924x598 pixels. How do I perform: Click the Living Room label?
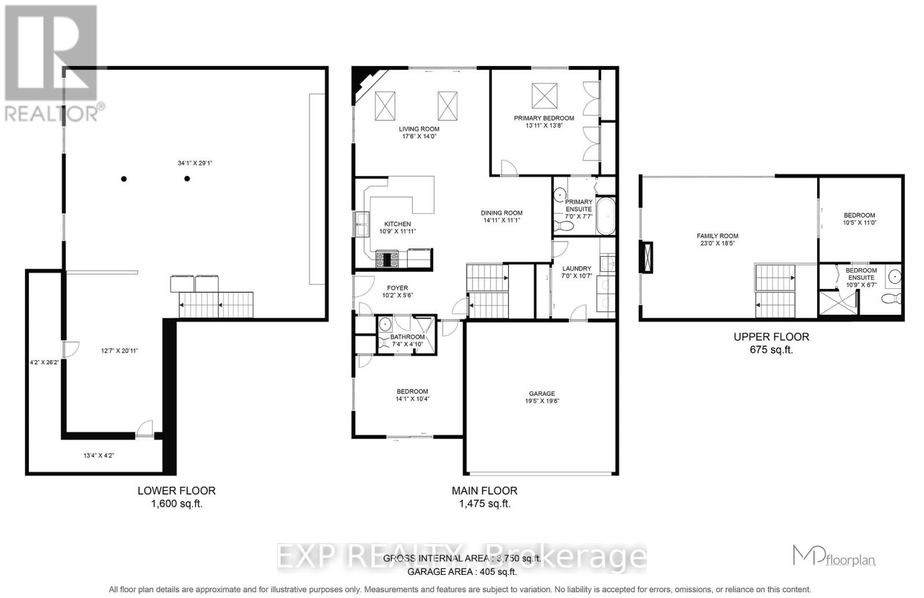(419, 129)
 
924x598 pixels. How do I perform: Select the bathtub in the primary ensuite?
(605, 216)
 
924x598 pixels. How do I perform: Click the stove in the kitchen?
(386, 259)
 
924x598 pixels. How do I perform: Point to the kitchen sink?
(362, 224)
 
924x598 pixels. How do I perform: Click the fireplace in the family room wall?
(646, 257)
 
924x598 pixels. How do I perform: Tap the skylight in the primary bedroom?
(545, 95)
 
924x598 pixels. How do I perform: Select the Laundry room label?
(576, 269)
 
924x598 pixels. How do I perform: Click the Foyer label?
(397, 288)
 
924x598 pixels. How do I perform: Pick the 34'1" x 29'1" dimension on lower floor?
(195, 163)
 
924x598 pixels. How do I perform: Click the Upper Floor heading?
(771, 337)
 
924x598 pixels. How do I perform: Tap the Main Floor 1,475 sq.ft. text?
(485, 503)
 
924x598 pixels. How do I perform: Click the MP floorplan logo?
(834, 556)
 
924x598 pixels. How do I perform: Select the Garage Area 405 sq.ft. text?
(462, 572)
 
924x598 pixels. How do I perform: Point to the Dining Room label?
(501, 213)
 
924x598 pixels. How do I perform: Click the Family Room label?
(717, 236)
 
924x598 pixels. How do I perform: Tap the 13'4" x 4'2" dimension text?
(99, 455)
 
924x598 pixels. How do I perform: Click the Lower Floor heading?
(176, 491)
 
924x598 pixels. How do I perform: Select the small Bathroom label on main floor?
(407, 337)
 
